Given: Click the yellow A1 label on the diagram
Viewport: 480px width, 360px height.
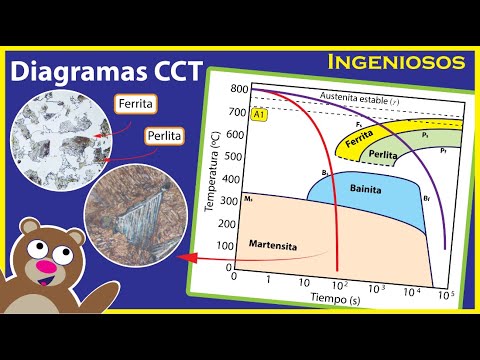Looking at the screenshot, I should (x=259, y=115).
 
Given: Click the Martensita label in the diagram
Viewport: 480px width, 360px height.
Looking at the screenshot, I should (x=269, y=244).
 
